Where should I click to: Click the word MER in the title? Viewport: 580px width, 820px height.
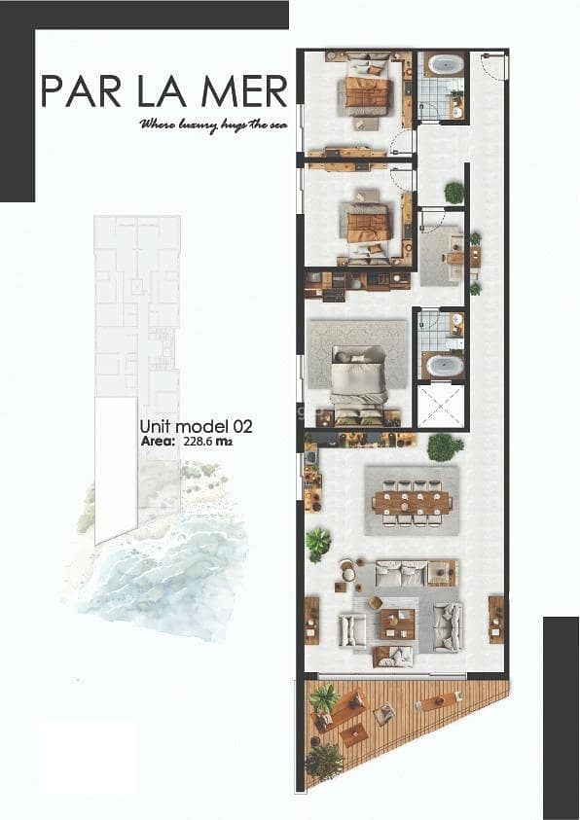click(x=244, y=91)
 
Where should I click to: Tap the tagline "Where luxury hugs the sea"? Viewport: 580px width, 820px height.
click(x=213, y=125)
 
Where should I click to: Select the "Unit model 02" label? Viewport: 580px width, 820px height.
click(x=197, y=426)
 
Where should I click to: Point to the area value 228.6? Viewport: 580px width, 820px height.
click(x=198, y=442)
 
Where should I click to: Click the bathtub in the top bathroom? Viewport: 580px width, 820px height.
click(x=446, y=65)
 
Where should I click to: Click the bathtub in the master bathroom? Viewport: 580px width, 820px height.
click(x=445, y=366)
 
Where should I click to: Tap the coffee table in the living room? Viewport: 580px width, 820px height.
click(x=398, y=624)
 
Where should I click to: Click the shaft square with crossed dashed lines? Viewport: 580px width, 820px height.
click(x=441, y=406)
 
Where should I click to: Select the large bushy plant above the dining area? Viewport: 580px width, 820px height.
click(x=445, y=446)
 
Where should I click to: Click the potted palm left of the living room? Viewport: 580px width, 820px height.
click(x=318, y=545)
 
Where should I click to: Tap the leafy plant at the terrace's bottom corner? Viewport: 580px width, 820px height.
click(x=325, y=762)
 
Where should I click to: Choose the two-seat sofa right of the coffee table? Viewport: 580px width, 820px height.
click(x=448, y=627)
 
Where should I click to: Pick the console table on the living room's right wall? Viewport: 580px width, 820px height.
click(x=495, y=620)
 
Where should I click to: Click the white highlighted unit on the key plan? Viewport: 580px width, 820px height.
click(x=116, y=469)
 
